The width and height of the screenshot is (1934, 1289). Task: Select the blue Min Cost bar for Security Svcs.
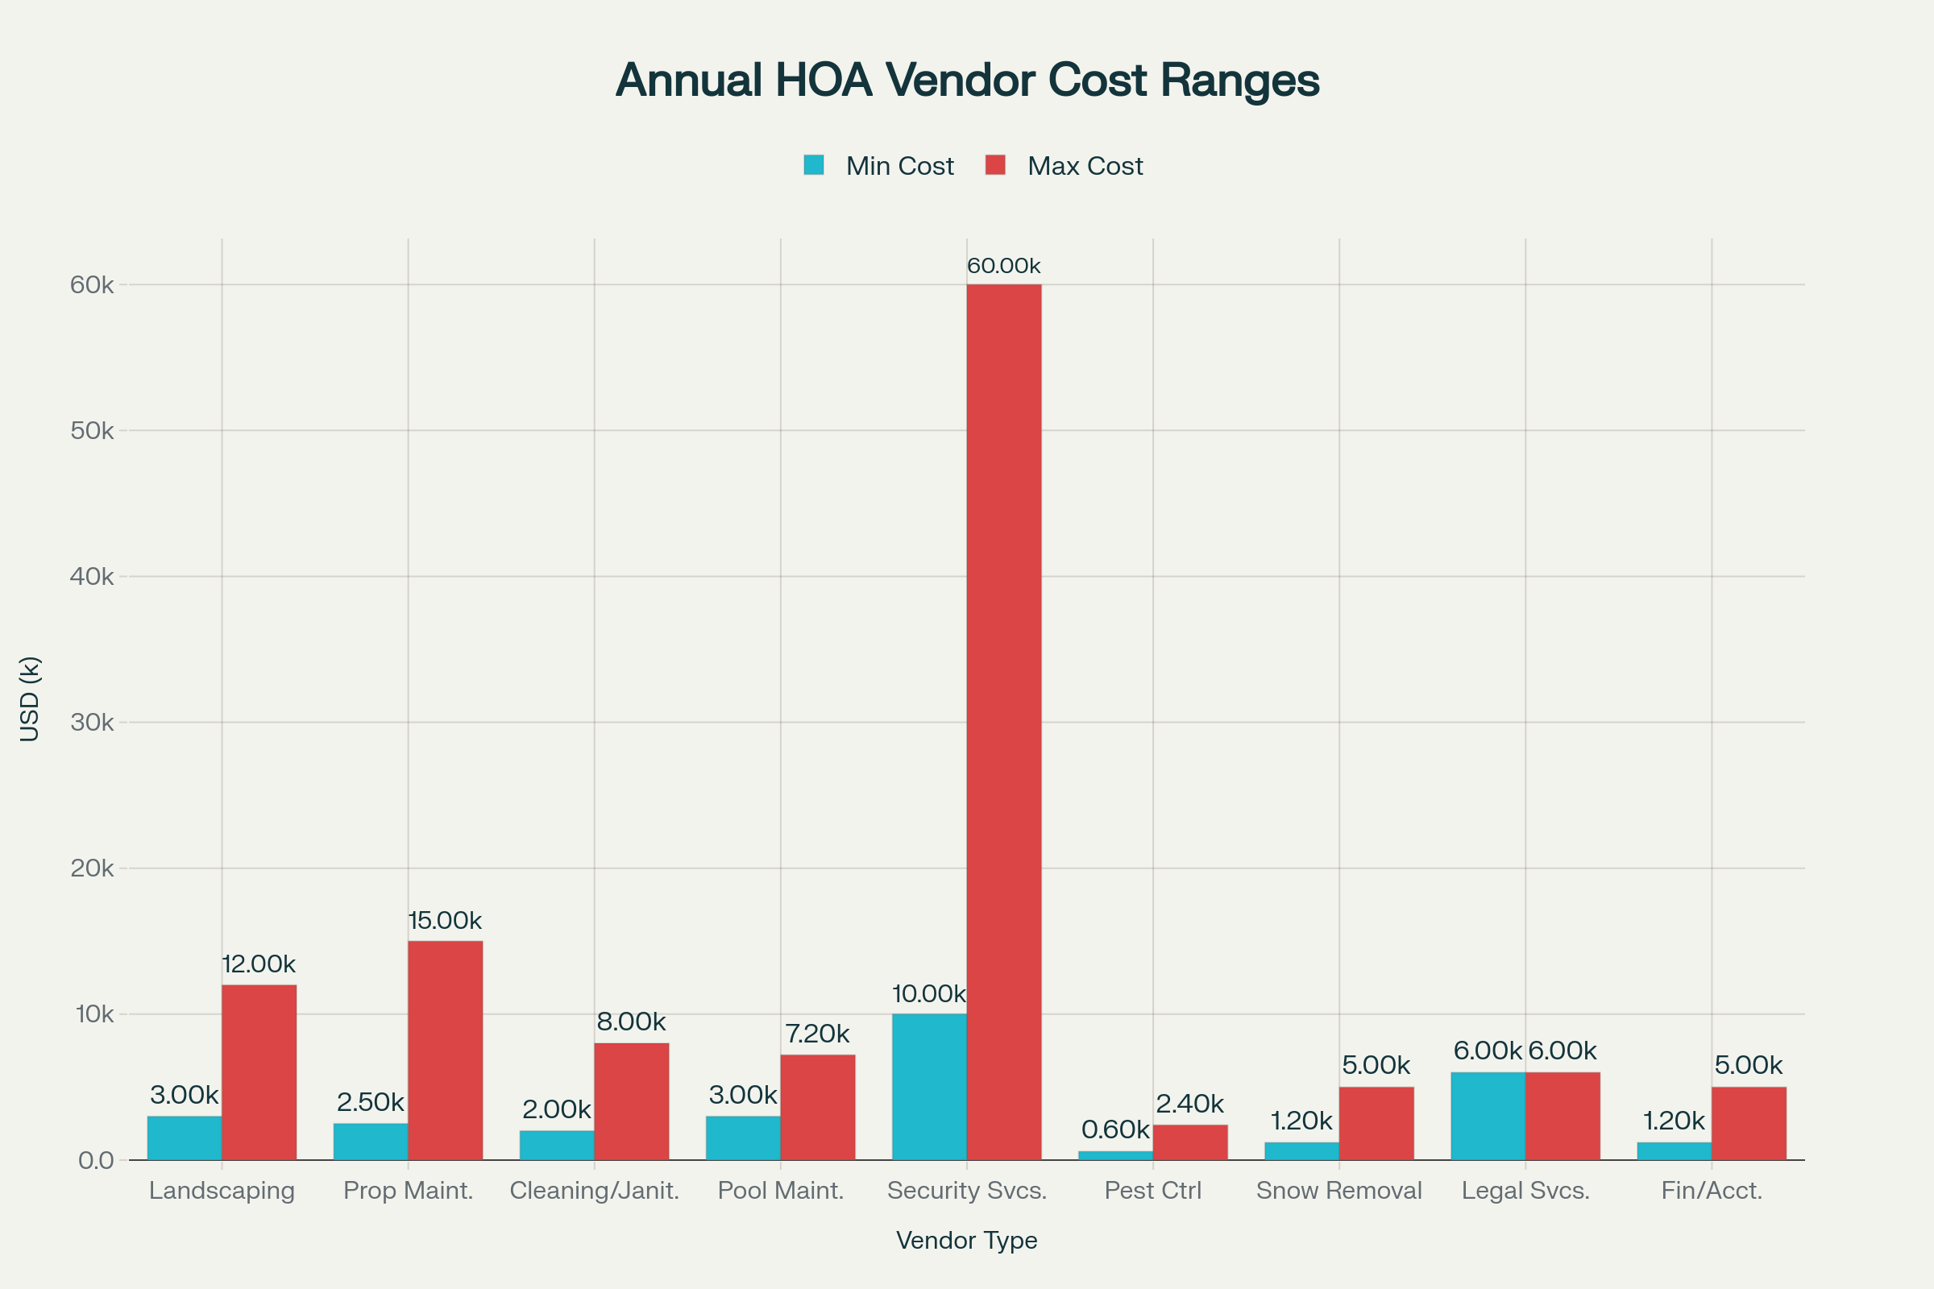click(x=929, y=1087)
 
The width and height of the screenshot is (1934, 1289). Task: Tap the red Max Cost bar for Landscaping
click(x=259, y=1072)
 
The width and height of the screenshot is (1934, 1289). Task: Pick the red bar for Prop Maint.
click(x=445, y=1050)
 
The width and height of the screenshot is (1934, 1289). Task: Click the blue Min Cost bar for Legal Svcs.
click(x=1488, y=1116)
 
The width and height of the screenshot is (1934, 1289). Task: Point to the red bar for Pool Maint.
click(x=817, y=1106)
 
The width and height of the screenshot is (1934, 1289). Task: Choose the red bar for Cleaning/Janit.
click(x=632, y=1100)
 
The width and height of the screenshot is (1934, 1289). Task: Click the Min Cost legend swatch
click(x=814, y=165)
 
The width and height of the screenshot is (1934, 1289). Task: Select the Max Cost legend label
click(x=1085, y=166)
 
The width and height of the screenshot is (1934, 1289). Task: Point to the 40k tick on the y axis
click(x=91, y=576)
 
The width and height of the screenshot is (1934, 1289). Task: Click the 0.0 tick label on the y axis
click(x=95, y=1160)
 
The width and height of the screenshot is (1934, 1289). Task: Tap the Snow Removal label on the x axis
click(x=1338, y=1191)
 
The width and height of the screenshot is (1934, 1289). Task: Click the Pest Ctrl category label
click(x=1153, y=1191)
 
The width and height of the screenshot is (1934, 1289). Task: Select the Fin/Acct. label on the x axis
click(x=1711, y=1191)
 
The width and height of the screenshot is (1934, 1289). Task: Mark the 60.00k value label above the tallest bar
click(x=1003, y=266)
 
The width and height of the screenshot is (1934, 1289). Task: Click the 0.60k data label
click(x=1115, y=1129)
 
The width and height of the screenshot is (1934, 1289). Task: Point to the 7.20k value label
click(x=817, y=1034)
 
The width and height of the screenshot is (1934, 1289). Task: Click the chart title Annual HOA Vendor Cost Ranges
click(x=967, y=80)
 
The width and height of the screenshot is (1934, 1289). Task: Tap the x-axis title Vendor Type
click(x=967, y=1240)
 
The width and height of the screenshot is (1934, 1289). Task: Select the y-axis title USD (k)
click(x=30, y=698)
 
